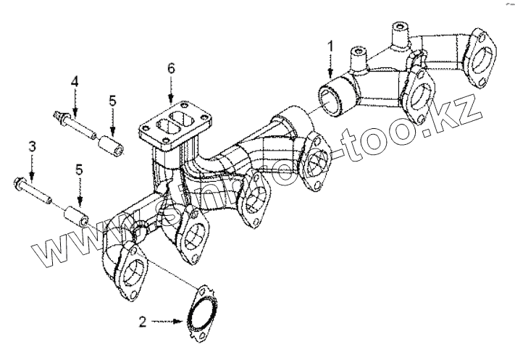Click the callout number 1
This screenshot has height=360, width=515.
pos(330,47)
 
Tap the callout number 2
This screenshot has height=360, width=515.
pos(143,319)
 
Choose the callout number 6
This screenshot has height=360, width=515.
pos(171,70)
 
